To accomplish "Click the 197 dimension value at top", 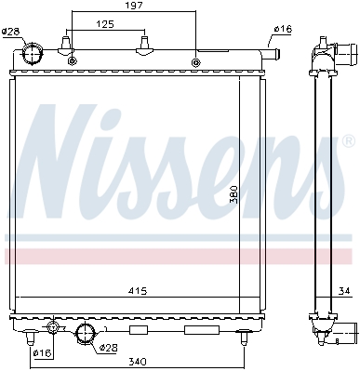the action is click(134, 6).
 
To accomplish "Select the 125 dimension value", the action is click(106, 24).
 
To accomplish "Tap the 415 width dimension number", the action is click(138, 291).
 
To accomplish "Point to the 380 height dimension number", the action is click(233, 194).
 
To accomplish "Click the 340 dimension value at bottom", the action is click(138, 362).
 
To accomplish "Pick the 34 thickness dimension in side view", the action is click(344, 291).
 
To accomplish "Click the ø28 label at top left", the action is click(11, 32).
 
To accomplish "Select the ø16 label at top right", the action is click(283, 29).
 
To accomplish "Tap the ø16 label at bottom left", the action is click(43, 352).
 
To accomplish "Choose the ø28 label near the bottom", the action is click(108, 348).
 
